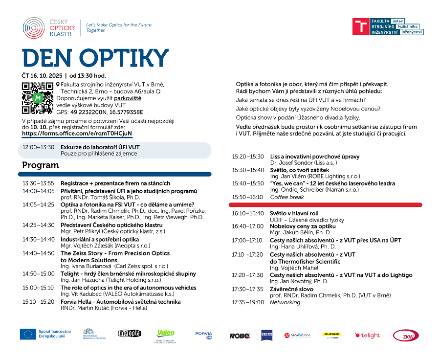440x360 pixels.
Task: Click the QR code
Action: point(37,98)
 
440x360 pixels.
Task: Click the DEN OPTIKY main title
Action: point(88,58)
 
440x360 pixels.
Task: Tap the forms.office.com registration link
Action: point(77,133)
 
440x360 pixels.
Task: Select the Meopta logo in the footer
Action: point(130,334)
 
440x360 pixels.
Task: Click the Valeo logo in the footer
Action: point(165,334)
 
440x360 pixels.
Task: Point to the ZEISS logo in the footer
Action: point(266,335)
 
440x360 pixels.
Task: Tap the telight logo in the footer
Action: point(367,335)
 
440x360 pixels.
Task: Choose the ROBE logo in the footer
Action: point(240,336)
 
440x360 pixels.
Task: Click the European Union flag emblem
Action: point(27,334)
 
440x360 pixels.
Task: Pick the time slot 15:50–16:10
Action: point(247,197)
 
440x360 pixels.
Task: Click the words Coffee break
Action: point(287,197)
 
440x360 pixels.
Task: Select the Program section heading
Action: point(40,165)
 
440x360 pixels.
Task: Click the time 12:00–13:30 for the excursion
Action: point(38,147)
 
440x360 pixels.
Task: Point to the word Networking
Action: point(285,302)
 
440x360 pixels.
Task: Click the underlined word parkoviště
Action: point(128,98)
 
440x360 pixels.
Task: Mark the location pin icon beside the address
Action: point(58,84)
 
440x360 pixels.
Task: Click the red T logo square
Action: point(361,26)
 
